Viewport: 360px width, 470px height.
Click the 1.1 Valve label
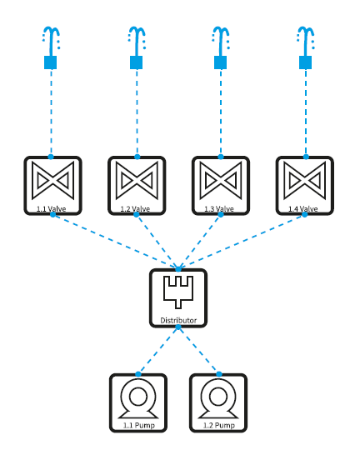pyautogui.click(x=52, y=209)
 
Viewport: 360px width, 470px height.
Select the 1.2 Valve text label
pyautogui.click(x=135, y=209)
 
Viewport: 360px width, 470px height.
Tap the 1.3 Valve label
pyautogui.click(x=219, y=209)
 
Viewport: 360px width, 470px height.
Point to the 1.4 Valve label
pyautogui.click(x=303, y=209)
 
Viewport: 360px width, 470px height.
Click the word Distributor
pyautogui.click(x=178, y=321)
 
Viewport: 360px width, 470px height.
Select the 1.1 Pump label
pyautogui.click(x=139, y=425)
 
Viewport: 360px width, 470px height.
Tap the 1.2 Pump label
pyautogui.click(x=219, y=425)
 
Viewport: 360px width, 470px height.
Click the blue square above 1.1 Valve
pyautogui.click(x=50, y=62)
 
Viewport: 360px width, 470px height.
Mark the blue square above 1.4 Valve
pyautogui.click(x=306, y=62)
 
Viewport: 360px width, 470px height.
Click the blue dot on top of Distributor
pyautogui.click(x=178, y=269)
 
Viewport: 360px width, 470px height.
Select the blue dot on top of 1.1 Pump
pyautogui.click(x=138, y=374)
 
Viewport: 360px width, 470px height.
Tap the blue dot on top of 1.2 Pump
pyautogui.click(x=219, y=374)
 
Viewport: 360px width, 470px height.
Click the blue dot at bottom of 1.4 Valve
pyautogui.click(x=304, y=214)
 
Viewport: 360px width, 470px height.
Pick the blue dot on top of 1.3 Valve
pyautogui.click(x=221, y=157)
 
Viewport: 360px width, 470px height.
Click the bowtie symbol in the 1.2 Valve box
pyautogui.click(x=137, y=181)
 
